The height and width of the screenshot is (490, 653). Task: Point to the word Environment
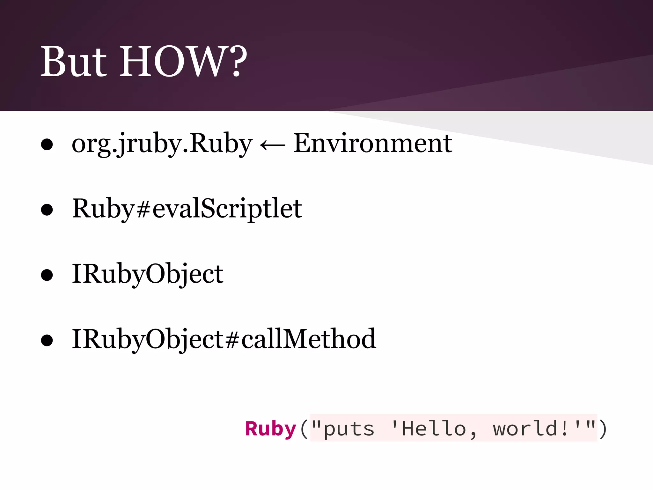[372, 144]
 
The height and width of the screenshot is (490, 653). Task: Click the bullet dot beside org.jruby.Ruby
[47, 145]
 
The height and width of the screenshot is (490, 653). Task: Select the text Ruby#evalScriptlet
[187, 209]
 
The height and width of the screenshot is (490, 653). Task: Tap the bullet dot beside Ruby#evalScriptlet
[47, 210]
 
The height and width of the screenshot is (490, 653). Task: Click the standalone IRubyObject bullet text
[148, 274]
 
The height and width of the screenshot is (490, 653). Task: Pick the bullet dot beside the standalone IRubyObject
[47, 275]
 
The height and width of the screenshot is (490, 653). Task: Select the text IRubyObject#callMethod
[224, 339]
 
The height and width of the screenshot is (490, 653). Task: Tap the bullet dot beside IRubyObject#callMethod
[47, 340]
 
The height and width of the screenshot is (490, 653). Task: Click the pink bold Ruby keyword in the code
[271, 429]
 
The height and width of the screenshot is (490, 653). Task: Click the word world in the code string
[525, 429]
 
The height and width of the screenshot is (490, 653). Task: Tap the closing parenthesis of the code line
[603, 429]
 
